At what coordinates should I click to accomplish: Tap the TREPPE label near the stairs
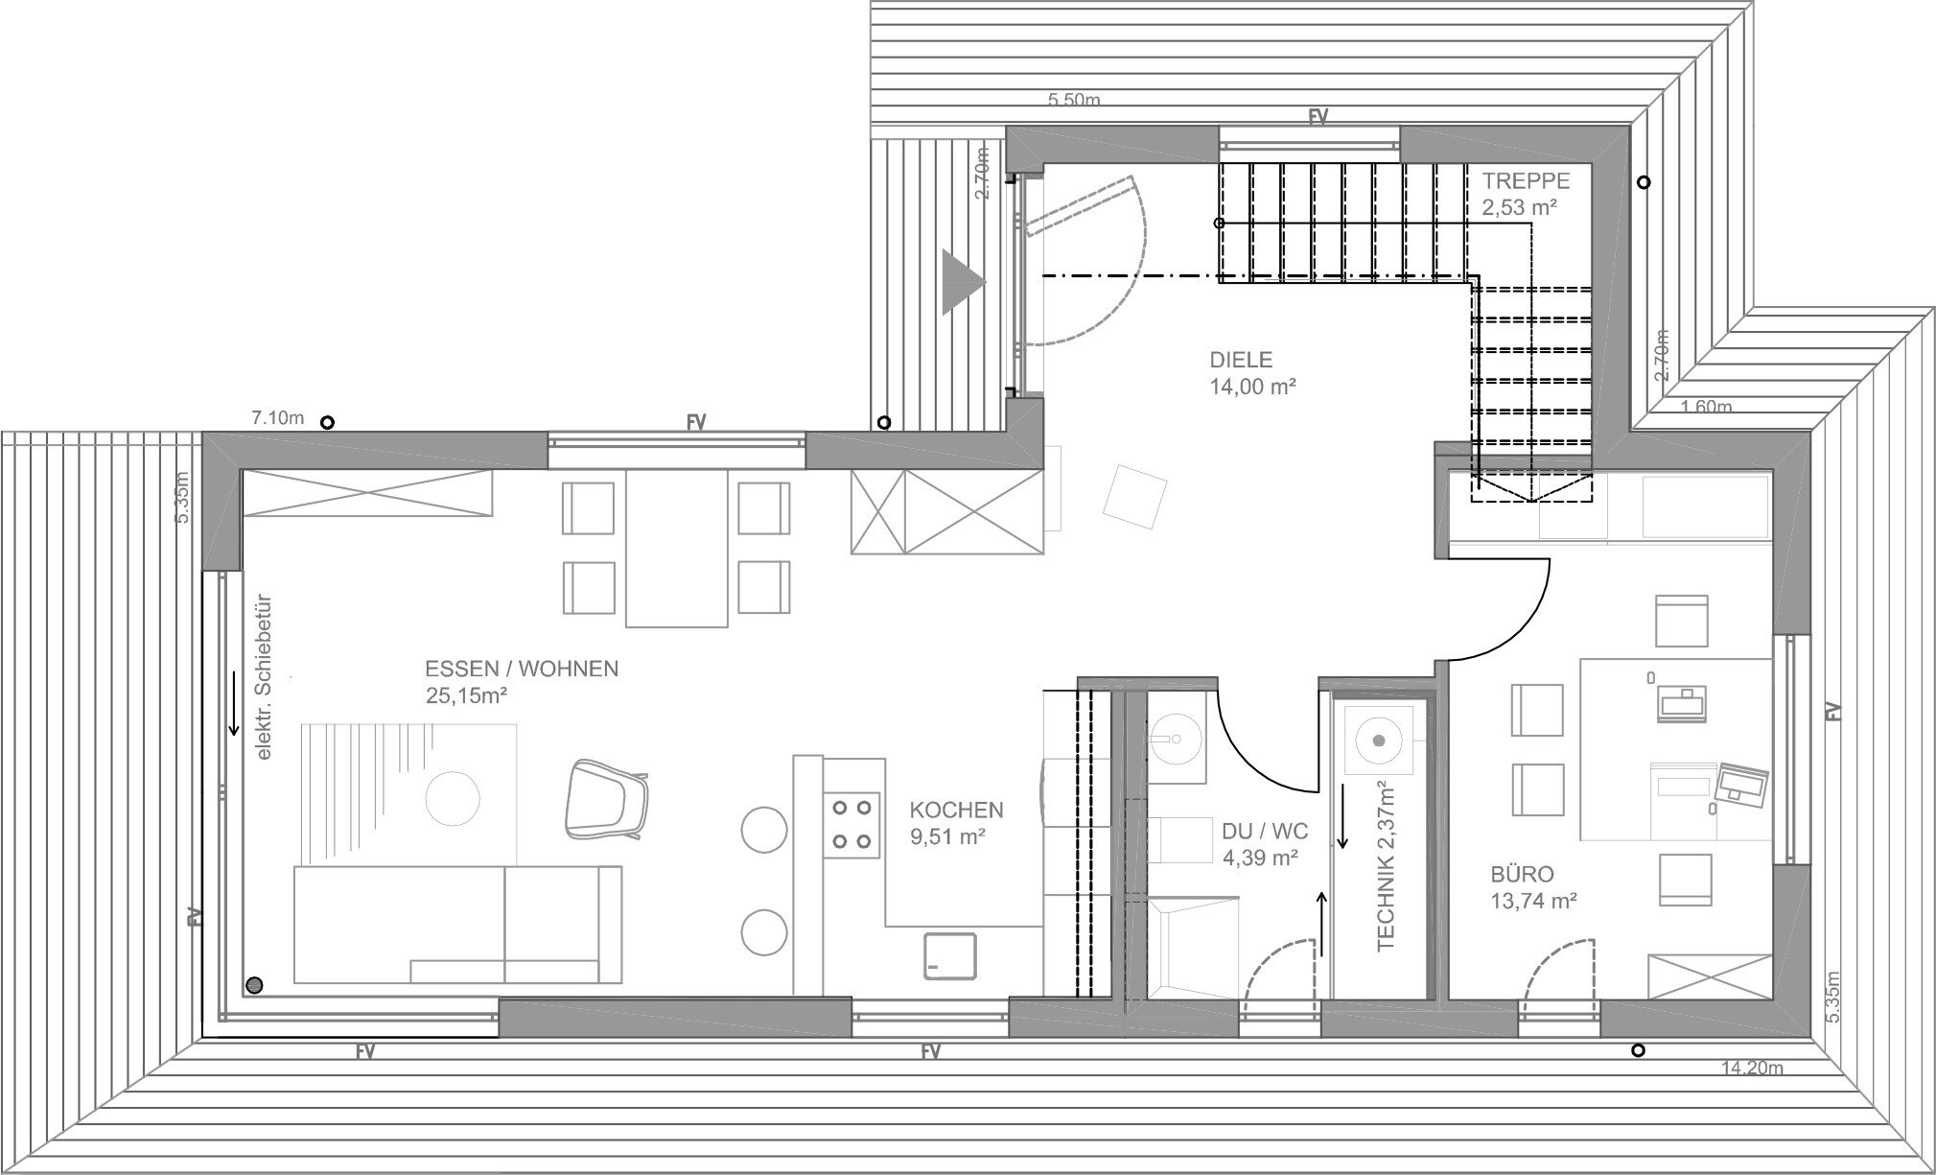(1526, 180)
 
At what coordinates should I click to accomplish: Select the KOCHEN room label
(956, 811)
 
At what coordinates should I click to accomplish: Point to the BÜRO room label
(1522, 875)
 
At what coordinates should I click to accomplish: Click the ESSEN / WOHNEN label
(522, 670)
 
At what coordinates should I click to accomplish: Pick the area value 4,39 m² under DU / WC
(1260, 858)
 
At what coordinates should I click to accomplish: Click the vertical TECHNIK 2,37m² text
(1387, 865)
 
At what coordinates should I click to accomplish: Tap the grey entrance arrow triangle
(963, 282)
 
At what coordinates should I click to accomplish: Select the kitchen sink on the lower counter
(949, 955)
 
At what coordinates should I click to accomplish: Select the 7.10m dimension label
(277, 418)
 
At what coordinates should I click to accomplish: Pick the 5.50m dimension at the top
(1074, 100)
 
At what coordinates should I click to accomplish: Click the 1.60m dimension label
(1707, 407)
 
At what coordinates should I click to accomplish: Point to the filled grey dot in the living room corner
(254, 984)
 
